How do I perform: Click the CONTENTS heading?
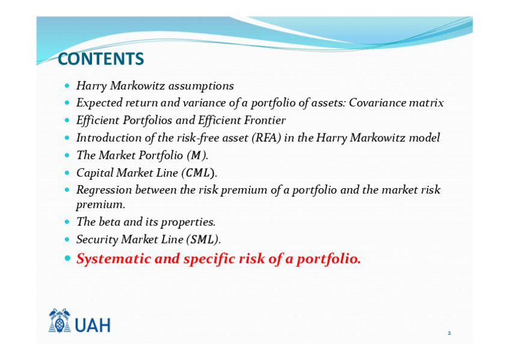coord(101,59)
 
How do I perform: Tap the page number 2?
coord(449,333)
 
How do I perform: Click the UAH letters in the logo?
coord(93,325)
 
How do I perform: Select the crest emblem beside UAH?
coord(60,321)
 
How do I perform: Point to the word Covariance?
coord(377,103)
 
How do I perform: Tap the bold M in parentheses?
coord(196,155)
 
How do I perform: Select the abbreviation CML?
coord(198,173)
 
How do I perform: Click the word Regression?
coord(104,190)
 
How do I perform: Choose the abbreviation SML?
coord(203,239)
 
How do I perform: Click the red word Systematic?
coord(114,258)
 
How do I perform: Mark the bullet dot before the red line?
coord(67,258)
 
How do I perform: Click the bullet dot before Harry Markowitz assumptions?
coord(67,86)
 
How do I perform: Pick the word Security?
coord(97,240)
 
